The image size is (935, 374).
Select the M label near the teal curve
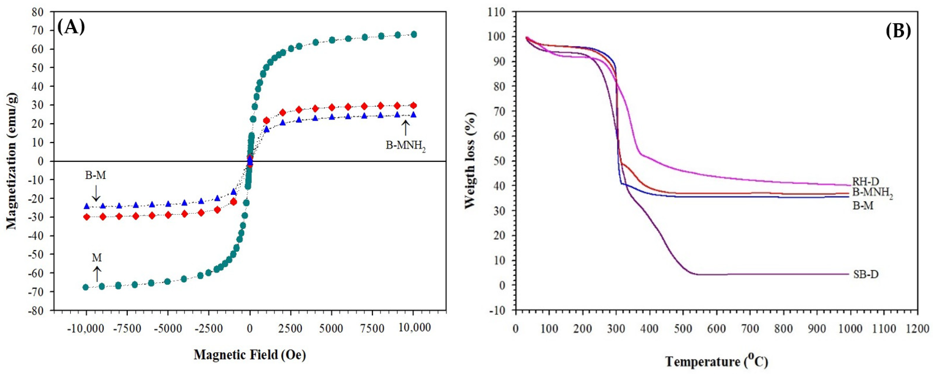[x=97, y=258]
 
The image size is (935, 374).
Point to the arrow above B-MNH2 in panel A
[x=406, y=128]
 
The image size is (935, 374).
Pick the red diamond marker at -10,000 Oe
[x=86, y=217]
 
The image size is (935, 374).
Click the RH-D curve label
[x=866, y=181]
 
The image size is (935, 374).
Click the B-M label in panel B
[x=863, y=206]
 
